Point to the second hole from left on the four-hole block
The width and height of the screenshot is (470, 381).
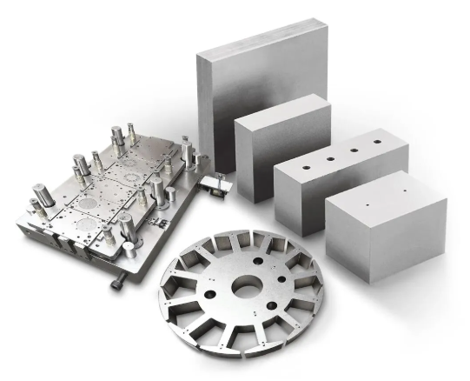point(331,156)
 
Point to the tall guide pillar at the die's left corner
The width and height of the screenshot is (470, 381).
point(41,197)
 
